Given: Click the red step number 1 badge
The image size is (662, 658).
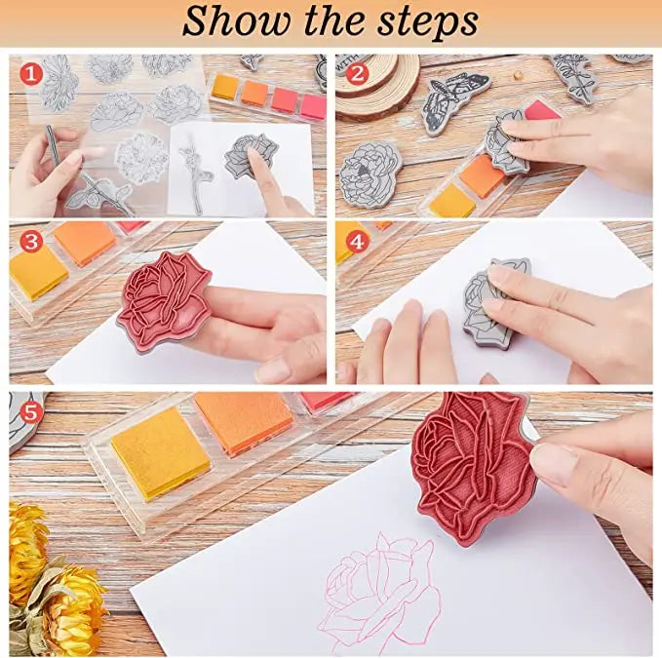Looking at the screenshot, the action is point(31,74).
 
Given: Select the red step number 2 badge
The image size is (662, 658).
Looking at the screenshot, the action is point(357,74).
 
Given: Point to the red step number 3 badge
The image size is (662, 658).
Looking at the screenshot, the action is point(31,242).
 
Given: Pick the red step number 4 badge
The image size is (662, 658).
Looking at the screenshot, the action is point(357,242).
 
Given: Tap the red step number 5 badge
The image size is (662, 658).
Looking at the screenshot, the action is point(31,412).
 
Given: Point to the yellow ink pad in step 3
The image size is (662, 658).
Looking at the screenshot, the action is point(37,272).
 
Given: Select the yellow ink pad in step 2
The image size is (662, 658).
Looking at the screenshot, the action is point(452,201).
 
